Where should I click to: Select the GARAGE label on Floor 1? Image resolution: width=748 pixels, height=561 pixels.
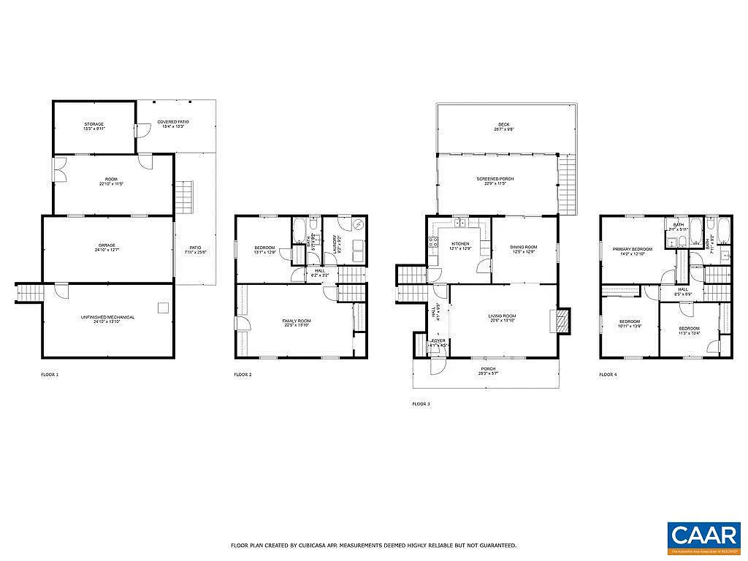[x=107, y=246]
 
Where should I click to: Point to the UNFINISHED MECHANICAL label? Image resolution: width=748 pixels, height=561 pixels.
[x=107, y=318]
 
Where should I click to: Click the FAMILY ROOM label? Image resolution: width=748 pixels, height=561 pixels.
[x=297, y=322]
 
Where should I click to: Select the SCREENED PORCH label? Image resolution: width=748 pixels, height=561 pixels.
[x=496, y=181]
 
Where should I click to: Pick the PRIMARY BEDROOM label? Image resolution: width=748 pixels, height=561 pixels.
[x=632, y=251]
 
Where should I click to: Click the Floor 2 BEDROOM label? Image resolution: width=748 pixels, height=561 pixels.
[x=264, y=249]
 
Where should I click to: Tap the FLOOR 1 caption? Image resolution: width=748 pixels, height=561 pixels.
[x=50, y=375]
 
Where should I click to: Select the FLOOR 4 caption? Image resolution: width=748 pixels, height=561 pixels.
[x=608, y=375]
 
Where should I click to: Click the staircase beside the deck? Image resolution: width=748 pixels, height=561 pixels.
[x=567, y=186]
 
